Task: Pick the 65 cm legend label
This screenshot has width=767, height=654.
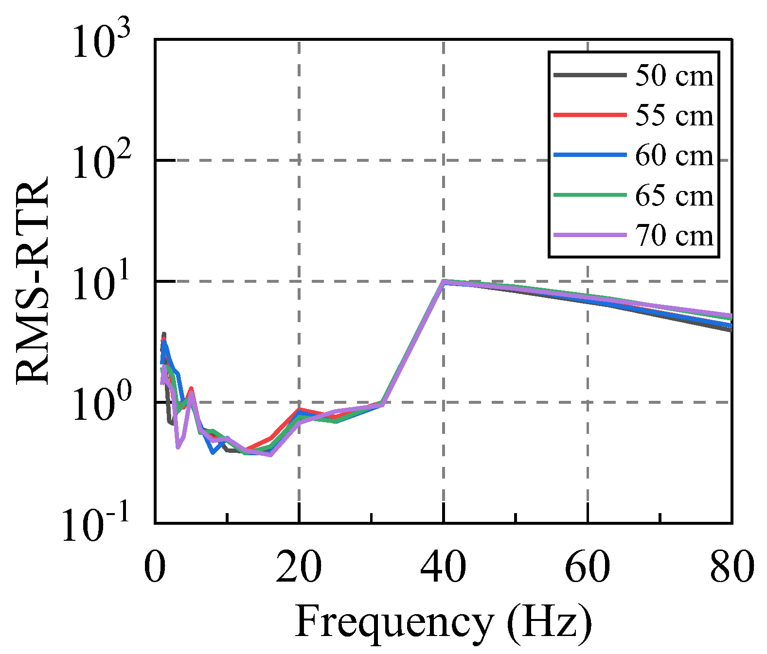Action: pyautogui.click(x=674, y=196)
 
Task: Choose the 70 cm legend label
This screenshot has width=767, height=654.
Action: pyautogui.click(x=674, y=236)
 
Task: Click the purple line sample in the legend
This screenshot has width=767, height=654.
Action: pyautogui.click(x=590, y=235)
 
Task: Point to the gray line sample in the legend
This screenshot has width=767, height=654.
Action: pyautogui.click(x=590, y=75)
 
